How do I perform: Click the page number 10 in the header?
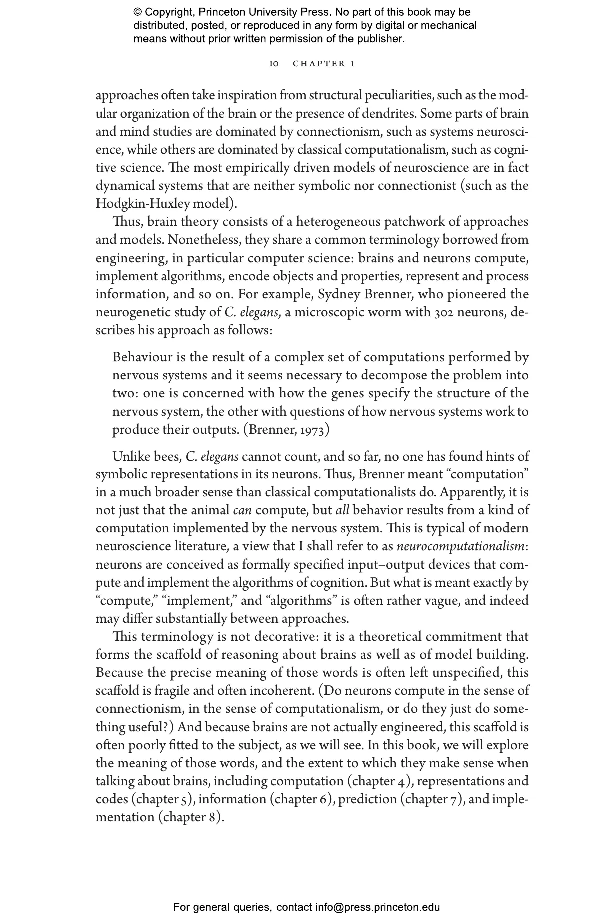tap(274, 64)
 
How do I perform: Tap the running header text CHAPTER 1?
tap(324, 64)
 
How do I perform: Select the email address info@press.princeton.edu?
tap(377, 907)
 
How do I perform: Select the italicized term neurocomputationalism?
tap(460, 546)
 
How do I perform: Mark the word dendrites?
tap(388, 114)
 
